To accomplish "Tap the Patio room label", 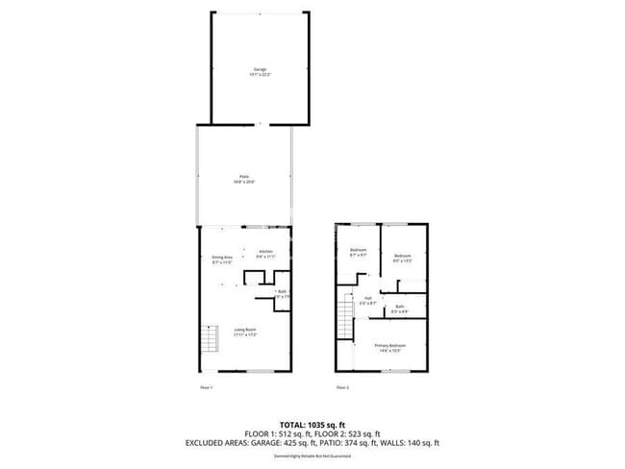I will click(x=244, y=179).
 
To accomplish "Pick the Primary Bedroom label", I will click(x=390, y=347).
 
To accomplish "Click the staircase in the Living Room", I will click(x=207, y=339).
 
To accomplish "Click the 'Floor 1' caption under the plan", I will click(x=205, y=387).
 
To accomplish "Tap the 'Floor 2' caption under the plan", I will click(x=342, y=387).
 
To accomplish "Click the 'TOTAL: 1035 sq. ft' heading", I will click(x=312, y=424).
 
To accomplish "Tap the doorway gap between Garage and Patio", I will click(x=260, y=125).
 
